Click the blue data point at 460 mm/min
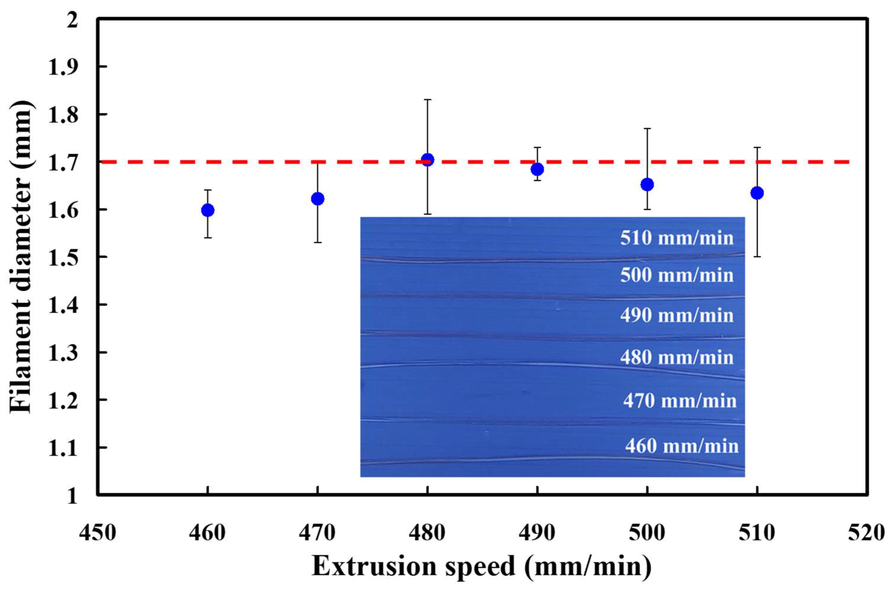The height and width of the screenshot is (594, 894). pyautogui.click(x=208, y=210)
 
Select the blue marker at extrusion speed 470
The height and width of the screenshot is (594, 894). pyautogui.click(x=317, y=198)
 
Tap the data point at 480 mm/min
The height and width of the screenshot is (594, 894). pyautogui.click(x=427, y=160)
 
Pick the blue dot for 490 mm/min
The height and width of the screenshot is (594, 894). pyautogui.click(x=537, y=169)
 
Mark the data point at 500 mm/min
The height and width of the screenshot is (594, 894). pyautogui.click(x=647, y=185)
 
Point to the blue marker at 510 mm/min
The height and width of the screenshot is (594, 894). pyautogui.click(x=757, y=193)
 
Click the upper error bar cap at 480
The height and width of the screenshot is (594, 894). pyautogui.click(x=427, y=100)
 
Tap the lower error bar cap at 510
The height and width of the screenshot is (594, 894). pyautogui.click(x=757, y=257)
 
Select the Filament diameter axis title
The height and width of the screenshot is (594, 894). pyautogui.click(x=21, y=258)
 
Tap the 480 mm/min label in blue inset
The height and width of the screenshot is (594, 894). pyautogui.click(x=677, y=357)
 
